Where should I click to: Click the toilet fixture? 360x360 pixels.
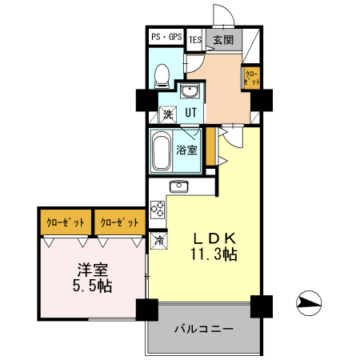click(161, 74)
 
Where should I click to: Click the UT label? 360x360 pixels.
click(191, 113)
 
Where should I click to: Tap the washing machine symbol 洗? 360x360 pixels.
click(168, 114)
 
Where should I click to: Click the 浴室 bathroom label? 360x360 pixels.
click(187, 150)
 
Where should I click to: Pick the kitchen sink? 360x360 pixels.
click(178, 187)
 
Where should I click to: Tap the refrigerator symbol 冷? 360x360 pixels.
click(159, 239)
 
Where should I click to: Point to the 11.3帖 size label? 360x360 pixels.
click(213, 256)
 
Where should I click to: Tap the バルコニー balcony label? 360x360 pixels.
click(204, 329)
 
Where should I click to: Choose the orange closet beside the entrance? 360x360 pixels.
click(251, 78)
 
